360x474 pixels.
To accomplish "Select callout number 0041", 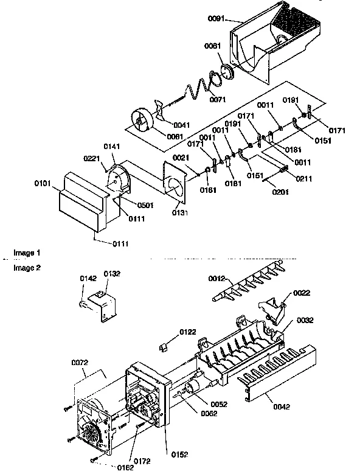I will [x=181, y=125].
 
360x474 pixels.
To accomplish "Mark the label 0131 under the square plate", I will [x=179, y=213].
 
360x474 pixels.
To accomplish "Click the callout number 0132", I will [x=112, y=274].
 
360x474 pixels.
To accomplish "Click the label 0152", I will [x=179, y=454].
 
